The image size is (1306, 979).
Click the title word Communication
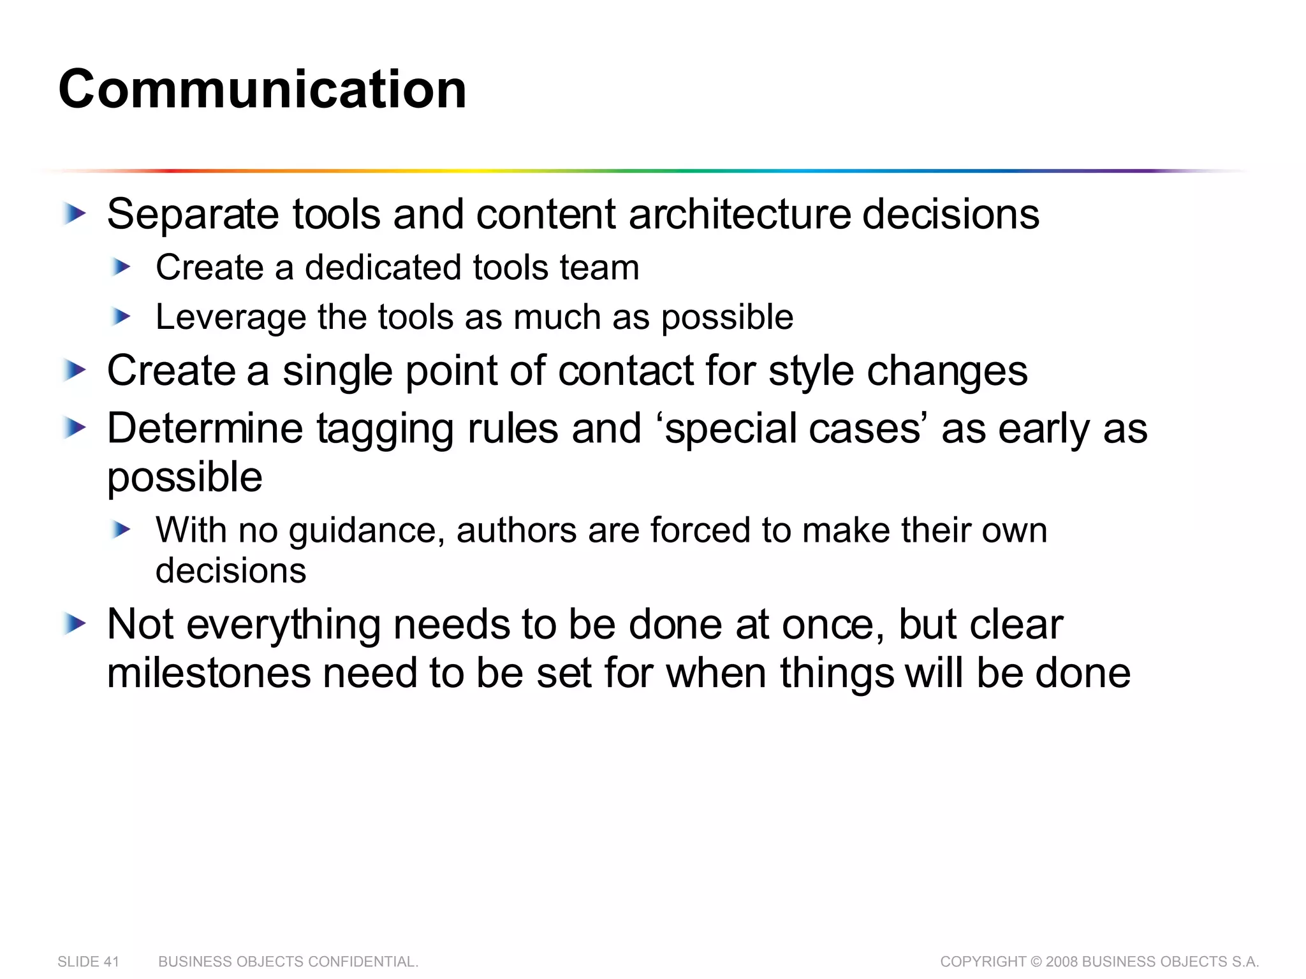coord(262,89)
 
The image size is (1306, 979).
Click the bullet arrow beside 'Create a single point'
coord(75,370)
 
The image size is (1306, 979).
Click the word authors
coord(516,530)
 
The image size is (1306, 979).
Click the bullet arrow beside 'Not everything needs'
coord(75,624)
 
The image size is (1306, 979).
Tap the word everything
coord(283,625)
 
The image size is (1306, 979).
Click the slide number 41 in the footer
coord(112,962)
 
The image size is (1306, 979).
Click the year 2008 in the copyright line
coord(1062,962)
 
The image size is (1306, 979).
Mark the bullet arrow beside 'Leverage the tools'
coord(120,316)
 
